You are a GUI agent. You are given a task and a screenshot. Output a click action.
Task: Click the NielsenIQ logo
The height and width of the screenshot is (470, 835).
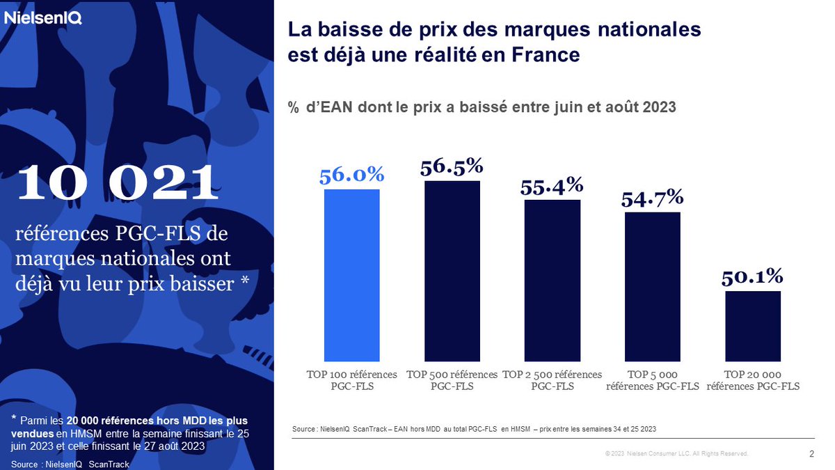click(x=43, y=19)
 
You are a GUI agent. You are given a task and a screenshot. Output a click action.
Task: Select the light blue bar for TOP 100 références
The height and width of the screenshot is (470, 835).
click(x=352, y=274)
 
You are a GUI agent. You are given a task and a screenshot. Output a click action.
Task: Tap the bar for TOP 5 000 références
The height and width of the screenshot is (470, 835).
click(x=652, y=285)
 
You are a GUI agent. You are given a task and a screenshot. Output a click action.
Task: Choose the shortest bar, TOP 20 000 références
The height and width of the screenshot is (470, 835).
click(x=752, y=325)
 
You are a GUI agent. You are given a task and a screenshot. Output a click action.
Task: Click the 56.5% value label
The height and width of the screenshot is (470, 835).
click(x=452, y=166)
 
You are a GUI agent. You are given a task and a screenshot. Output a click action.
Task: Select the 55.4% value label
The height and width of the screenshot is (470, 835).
click(x=552, y=186)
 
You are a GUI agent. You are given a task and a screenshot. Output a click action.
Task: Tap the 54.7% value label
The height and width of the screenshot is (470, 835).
click(x=652, y=198)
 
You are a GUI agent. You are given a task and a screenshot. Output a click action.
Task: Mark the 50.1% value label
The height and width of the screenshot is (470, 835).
click(x=752, y=276)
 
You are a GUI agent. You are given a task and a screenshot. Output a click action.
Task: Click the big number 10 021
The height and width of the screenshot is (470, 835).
click(x=117, y=182)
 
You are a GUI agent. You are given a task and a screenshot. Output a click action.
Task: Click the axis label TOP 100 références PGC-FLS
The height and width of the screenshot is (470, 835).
click(x=352, y=380)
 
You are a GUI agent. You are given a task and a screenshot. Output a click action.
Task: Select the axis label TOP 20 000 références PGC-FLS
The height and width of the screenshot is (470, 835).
click(x=753, y=380)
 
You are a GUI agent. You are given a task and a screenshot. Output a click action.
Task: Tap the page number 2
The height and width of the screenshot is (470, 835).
click(x=812, y=454)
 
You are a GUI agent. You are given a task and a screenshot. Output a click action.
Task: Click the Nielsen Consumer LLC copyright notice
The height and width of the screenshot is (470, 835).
click(x=676, y=454)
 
